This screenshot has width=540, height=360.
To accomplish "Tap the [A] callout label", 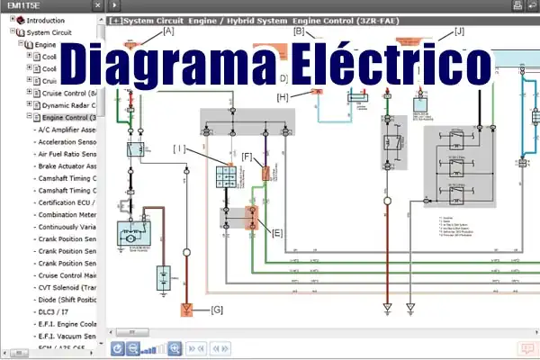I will (168, 31).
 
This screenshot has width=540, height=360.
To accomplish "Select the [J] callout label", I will (460, 31).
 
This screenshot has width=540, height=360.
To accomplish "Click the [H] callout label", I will (283, 97).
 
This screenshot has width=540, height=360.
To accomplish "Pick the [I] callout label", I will (179, 147).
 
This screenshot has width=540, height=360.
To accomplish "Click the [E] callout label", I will (277, 232).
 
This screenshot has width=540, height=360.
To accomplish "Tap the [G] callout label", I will (216, 310).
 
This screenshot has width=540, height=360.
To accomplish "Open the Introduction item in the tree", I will (45, 19).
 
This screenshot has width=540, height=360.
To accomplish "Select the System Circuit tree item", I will (49, 31).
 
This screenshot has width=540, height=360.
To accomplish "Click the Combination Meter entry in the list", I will (67, 215).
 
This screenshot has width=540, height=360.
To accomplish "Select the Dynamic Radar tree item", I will (68, 105).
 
